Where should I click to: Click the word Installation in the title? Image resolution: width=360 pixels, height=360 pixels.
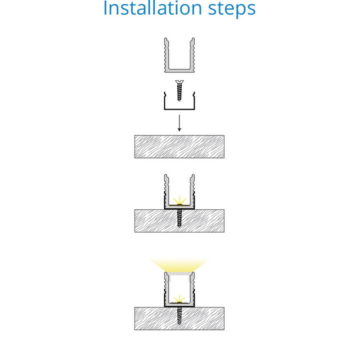click(x=153, y=8)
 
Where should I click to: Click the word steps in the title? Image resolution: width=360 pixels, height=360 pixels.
click(x=232, y=9)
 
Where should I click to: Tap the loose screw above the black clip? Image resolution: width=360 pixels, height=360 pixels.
click(x=179, y=91)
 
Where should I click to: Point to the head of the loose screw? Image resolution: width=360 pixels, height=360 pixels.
click(x=179, y=82)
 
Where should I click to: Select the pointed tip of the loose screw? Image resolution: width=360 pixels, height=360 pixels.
click(x=179, y=100)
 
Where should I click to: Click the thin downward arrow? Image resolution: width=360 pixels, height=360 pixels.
click(x=179, y=123)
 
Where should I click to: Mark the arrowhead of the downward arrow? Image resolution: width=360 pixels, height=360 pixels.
click(x=179, y=130)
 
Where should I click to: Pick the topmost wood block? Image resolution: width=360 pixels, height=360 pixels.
click(x=179, y=147)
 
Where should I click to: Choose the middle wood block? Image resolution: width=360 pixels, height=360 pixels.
click(x=179, y=221)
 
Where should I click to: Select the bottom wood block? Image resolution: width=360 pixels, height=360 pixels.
click(x=179, y=319)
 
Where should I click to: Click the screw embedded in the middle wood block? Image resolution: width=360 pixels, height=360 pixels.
click(x=179, y=218)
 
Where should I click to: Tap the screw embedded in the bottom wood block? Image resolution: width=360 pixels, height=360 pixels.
click(x=179, y=316)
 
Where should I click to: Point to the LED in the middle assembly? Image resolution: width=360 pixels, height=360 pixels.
click(x=179, y=204)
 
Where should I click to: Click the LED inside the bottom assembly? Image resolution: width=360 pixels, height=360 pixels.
click(x=179, y=302)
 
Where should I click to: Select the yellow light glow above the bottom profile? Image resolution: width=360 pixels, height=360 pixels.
click(x=179, y=265)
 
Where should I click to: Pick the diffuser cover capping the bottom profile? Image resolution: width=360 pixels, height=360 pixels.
click(x=179, y=274)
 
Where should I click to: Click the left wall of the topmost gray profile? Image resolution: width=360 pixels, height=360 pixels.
click(x=166, y=54)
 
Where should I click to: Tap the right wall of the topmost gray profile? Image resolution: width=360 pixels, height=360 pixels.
click(x=192, y=54)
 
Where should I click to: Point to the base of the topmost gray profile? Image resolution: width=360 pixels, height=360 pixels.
click(x=179, y=71)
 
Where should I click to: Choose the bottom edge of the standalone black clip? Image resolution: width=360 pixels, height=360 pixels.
click(x=179, y=109)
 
